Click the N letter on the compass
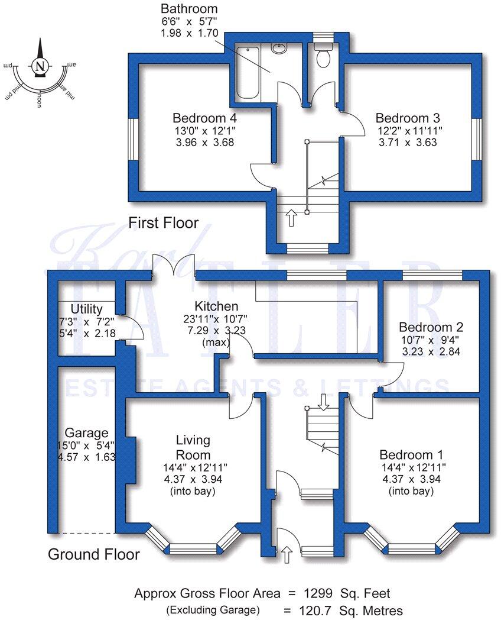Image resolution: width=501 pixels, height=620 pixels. tap(40, 66)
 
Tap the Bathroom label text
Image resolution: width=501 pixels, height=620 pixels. tap(189, 9)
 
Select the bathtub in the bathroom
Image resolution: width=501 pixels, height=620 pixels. tap(248, 72)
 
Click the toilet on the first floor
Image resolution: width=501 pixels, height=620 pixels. tap(323, 57)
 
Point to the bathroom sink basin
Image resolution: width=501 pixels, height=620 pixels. tap(279, 49)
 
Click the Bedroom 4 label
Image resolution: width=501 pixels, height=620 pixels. tap(205, 117)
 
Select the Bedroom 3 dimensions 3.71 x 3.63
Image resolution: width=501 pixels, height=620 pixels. tap(408, 142)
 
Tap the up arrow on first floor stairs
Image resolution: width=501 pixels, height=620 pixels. tap(291, 217)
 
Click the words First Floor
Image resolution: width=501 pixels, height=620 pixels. tap(164, 223)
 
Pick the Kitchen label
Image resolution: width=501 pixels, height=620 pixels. tap(217, 306)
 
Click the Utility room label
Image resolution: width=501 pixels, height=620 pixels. tap(86, 309)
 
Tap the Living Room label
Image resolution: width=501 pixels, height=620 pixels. tap(193, 448)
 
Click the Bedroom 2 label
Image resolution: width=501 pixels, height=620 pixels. tap(431, 327)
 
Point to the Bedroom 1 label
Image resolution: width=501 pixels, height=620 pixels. tap(411, 455)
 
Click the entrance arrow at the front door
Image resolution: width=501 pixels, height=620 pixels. tap(287, 555)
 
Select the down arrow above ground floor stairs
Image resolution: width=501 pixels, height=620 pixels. tap(323, 402)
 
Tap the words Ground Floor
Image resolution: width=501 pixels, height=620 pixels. tap(93, 554)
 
